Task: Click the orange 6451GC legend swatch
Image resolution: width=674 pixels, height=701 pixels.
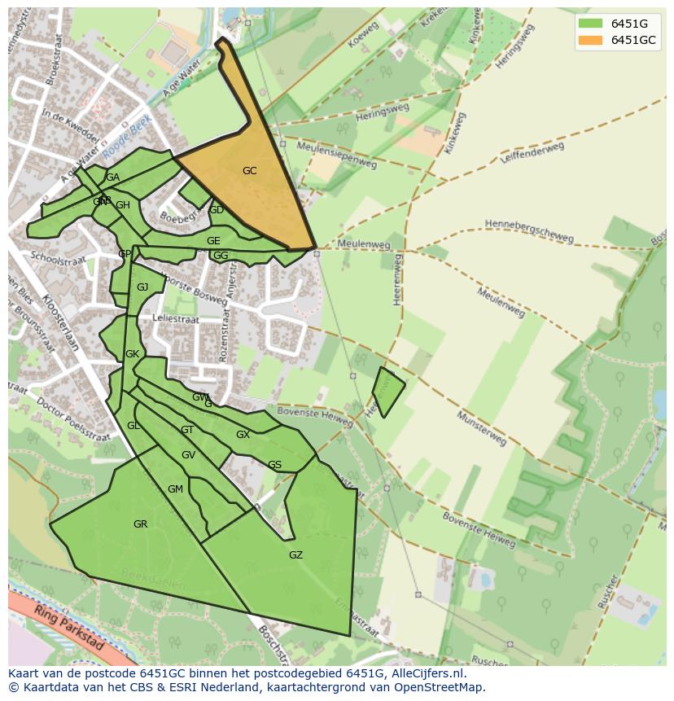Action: coord(590,40)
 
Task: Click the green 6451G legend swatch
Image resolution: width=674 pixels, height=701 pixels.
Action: coord(590,24)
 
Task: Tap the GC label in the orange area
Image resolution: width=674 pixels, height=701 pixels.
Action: coord(249,171)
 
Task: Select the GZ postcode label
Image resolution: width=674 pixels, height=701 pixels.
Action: coord(295,555)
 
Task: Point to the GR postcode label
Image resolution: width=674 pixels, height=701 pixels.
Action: coord(140,524)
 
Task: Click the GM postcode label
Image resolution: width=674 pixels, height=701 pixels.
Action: coord(175,489)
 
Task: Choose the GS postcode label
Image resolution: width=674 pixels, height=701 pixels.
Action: coord(274,466)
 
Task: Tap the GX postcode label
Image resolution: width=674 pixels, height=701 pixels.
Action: coord(243,435)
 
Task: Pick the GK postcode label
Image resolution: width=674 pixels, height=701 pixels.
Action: coord(132,354)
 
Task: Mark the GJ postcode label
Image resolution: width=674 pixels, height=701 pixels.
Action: coord(142,287)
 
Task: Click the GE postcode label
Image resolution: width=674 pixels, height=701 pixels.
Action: coord(213,241)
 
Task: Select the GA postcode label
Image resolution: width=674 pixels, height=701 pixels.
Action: coord(112,177)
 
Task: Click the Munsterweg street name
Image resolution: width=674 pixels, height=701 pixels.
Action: coord(481,429)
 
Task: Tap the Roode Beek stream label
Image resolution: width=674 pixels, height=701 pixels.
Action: coord(127,137)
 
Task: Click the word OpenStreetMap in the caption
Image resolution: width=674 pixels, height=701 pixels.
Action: coord(440,687)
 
